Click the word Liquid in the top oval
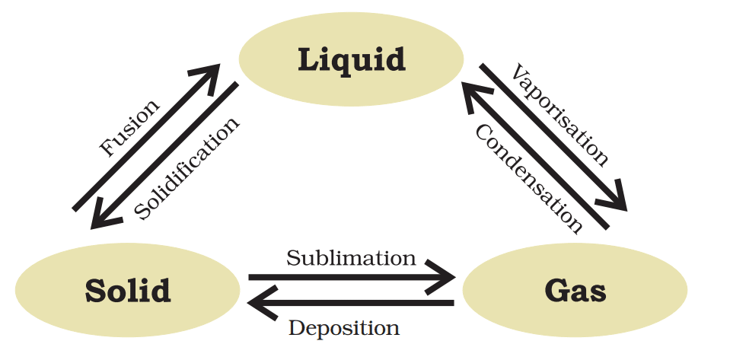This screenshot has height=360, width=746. pos(351,59)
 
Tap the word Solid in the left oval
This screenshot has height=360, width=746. pos(128,290)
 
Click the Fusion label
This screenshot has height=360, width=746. pos(131,127)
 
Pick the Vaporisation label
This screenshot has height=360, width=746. pos(560,116)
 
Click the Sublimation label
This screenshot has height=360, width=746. pos(351,258)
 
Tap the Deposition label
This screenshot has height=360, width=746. pos(344,328)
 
